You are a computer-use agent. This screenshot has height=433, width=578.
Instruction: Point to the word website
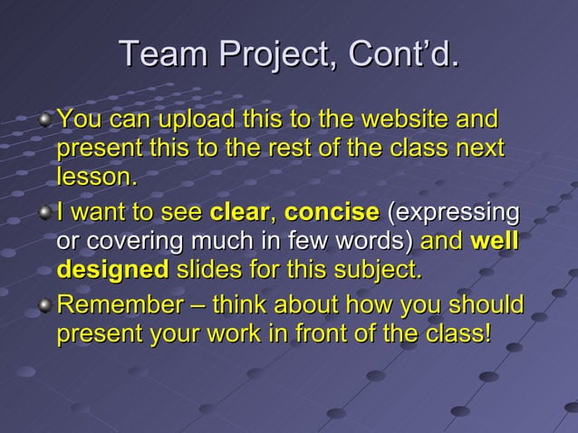point(405,120)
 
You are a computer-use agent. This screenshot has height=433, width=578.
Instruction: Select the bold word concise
point(332,214)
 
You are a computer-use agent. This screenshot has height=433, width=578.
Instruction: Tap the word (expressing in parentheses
point(454,216)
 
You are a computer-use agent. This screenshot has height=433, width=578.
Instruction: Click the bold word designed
point(112,271)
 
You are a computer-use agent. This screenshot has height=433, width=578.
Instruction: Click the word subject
point(381,271)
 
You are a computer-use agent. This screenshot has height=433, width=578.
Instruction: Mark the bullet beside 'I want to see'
point(46,216)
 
